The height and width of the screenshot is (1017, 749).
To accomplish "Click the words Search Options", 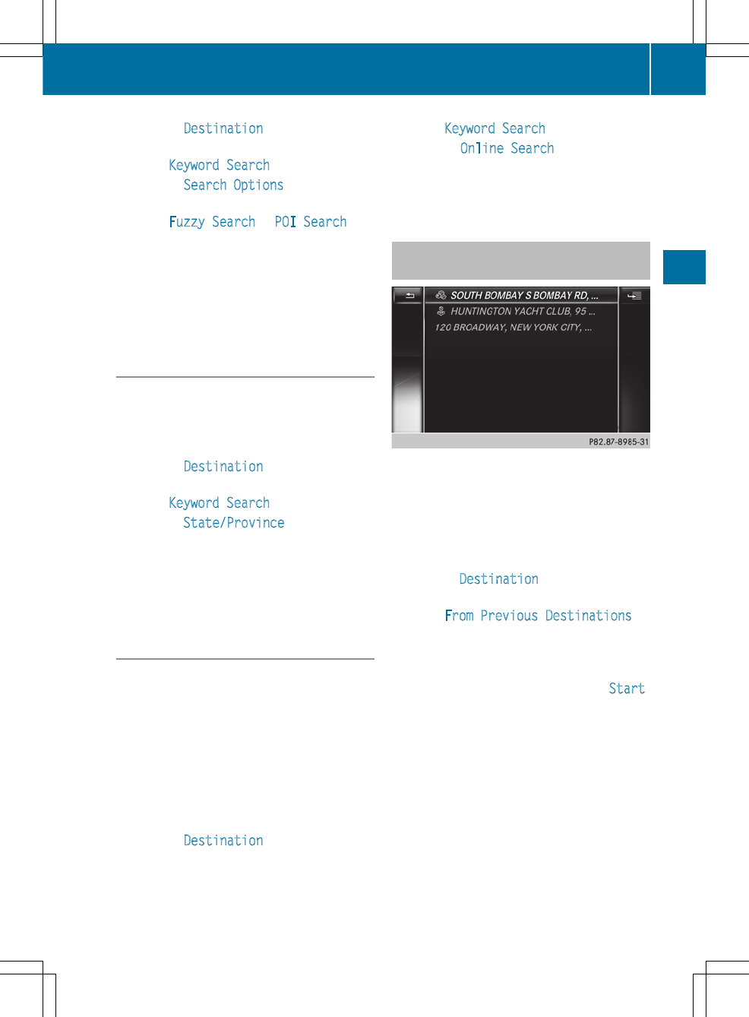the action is tap(233, 185).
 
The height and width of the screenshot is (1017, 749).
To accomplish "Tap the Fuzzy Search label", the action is tap(212, 222).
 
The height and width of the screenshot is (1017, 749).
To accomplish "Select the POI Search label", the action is tap(311, 222).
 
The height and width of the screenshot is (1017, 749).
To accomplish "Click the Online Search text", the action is tap(507, 149).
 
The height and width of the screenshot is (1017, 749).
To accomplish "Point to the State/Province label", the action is tap(234, 523).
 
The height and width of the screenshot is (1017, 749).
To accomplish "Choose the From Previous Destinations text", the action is tap(538, 616).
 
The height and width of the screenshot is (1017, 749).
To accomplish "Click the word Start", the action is tap(627, 689).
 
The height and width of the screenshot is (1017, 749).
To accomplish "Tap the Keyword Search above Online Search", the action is tap(495, 128).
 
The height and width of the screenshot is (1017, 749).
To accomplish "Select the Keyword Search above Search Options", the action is tap(219, 166).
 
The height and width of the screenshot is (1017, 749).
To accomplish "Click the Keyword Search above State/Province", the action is tap(219, 503).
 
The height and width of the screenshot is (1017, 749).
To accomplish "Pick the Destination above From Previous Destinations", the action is tap(498, 579).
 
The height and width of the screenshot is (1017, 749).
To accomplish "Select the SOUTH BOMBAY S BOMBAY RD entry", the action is tap(524, 296).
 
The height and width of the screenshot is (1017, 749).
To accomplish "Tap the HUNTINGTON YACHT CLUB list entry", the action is tap(523, 312).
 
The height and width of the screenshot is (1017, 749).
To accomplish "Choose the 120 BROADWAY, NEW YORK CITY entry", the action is tap(513, 328).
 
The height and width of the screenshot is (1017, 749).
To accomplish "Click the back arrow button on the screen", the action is tap(409, 296).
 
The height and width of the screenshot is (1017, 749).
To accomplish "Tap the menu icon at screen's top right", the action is tap(634, 296).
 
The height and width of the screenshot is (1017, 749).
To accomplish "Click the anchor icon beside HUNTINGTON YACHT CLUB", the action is tap(441, 312).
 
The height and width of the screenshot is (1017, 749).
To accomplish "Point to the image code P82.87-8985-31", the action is tap(618, 442).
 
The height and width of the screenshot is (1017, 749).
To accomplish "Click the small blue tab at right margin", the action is tap(684, 267).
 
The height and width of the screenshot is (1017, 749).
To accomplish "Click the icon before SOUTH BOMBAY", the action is tap(441, 295).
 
